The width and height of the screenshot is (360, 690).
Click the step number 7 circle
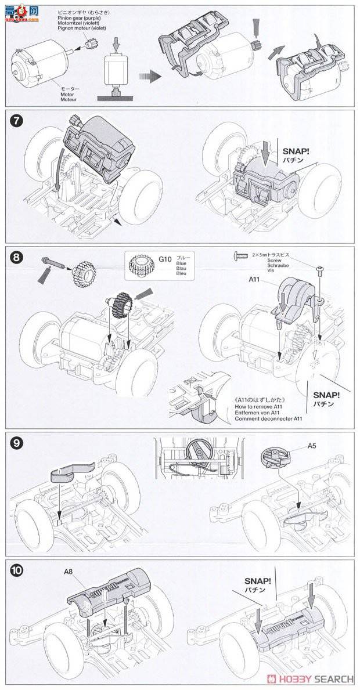click(x=17, y=124)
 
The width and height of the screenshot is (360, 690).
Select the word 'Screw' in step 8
click(x=284, y=261)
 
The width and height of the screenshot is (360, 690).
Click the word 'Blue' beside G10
click(x=181, y=262)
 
